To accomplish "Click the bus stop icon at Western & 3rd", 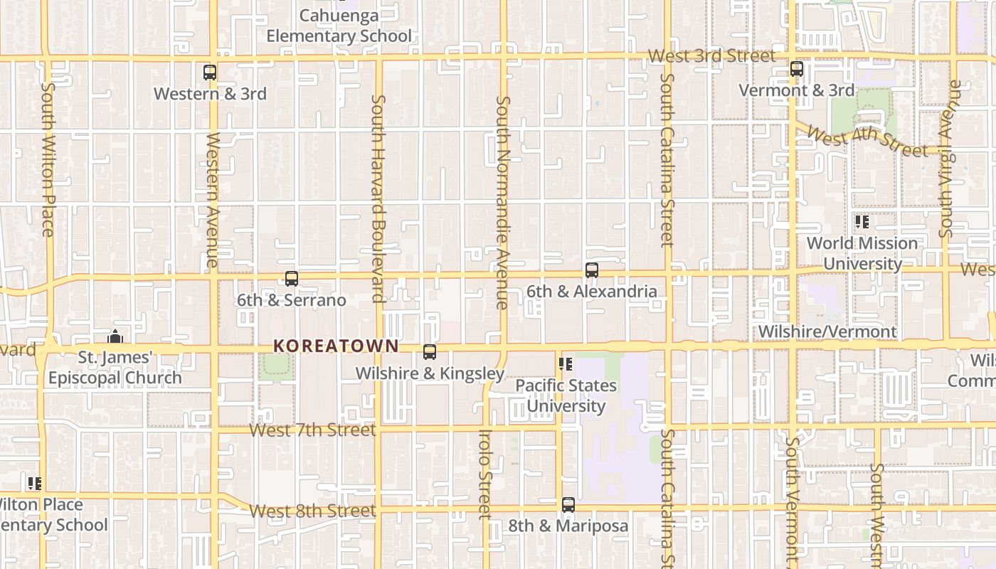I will coord(210,72).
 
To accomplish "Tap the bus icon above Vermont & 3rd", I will coord(797,69).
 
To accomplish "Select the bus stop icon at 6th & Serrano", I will coord(292,279).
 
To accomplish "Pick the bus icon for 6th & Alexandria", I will coord(592,270).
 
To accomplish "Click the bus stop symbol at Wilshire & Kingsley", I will coord(430,352).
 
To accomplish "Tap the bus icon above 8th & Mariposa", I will coord(568,505).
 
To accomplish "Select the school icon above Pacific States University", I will coord(566,365).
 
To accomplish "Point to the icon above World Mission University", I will coord(862,222).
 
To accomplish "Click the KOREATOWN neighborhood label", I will coord(336,346).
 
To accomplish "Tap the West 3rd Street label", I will coord(711,55).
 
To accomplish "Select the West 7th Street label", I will coord(313,430).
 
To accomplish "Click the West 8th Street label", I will coord(313,511).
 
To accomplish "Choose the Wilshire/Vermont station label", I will coord(827,331).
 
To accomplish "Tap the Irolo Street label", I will coord(485,474).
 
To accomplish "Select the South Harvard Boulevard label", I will coord(378,199).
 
